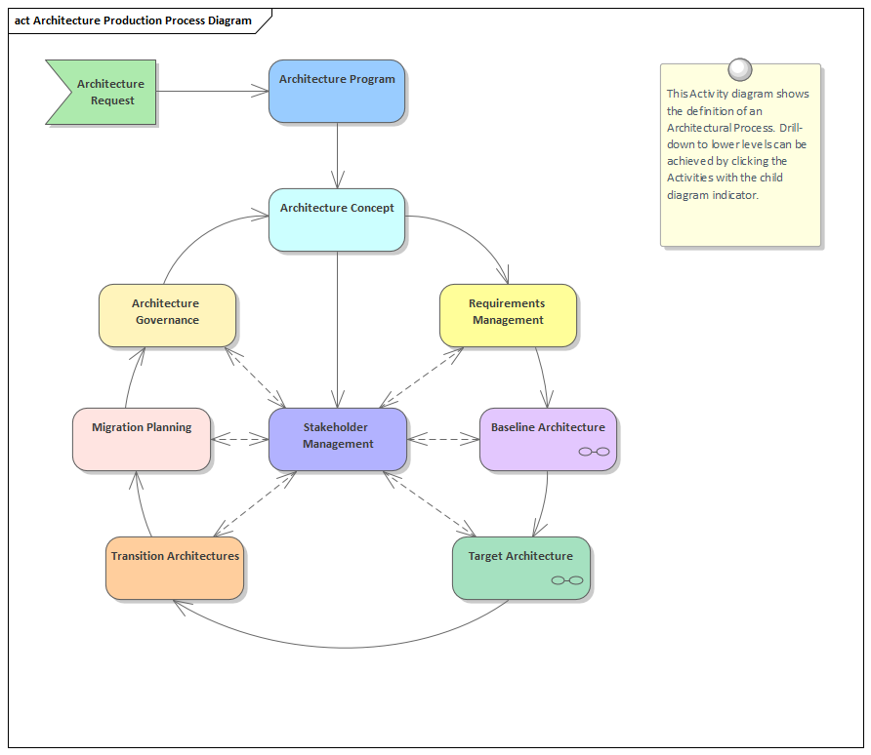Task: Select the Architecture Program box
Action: click(337, 92)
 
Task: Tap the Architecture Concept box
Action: click(337, 219)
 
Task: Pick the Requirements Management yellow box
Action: click(508, 315)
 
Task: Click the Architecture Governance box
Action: click(167, 315)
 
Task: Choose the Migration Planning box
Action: click(142, 440)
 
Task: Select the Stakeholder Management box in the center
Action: click(337, 439)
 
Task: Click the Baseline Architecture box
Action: click(548, 439)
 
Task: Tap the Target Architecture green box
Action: click(520, 568)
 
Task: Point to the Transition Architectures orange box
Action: click(175, 568)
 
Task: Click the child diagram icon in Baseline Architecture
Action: click(594, 452)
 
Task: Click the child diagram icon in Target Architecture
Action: click(566, 580)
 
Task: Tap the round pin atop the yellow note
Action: click(740, 69)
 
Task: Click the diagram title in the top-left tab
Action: click(133, 20)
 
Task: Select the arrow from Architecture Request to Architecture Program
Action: click(213, 92)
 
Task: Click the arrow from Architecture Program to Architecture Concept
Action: click(337, 156)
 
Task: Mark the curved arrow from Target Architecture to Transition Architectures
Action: click(342, 648)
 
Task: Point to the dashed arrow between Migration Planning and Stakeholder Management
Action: click(240, 440)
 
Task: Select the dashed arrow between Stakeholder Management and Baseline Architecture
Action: click(443, 440)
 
